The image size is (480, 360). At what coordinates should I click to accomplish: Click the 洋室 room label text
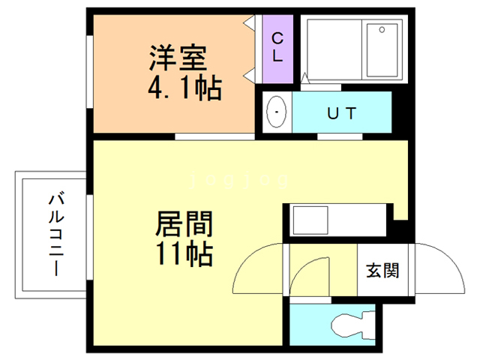pyautogui.click(x=178, y=58)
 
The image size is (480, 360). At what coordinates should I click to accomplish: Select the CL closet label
pyautogui.click(x=277, y=46)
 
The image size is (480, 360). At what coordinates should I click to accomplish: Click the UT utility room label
pyautogui.click(x=341, y=113)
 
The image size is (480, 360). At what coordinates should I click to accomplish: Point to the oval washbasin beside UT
pyautogui.click(x=277, y=112)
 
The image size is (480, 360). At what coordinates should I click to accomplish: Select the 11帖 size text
pyautogui.click(x=184, y=254)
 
